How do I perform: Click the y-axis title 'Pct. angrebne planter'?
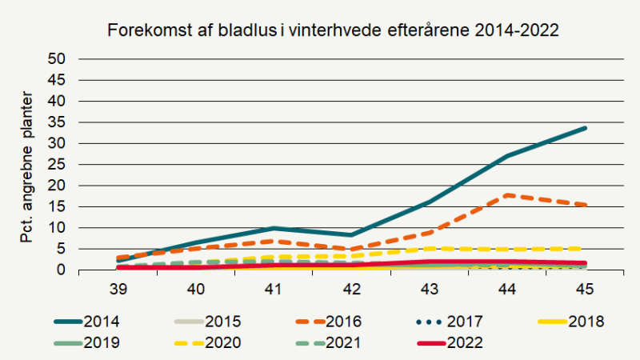(x=27, y=165)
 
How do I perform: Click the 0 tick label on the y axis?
(x=62, y=270)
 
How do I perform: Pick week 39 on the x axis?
(x=118, y=287)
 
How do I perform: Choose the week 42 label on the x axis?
(x=351, y=287)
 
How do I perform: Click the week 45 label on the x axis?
(x=585, y=287)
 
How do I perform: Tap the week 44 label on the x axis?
(x=507, y=287)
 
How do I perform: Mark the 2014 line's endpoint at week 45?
(x=585, y=128)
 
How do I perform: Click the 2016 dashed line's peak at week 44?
(x=507, y=195)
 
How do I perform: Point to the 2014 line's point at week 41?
(x=274, y=228)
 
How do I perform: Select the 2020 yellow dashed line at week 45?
(x=585, y=248)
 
